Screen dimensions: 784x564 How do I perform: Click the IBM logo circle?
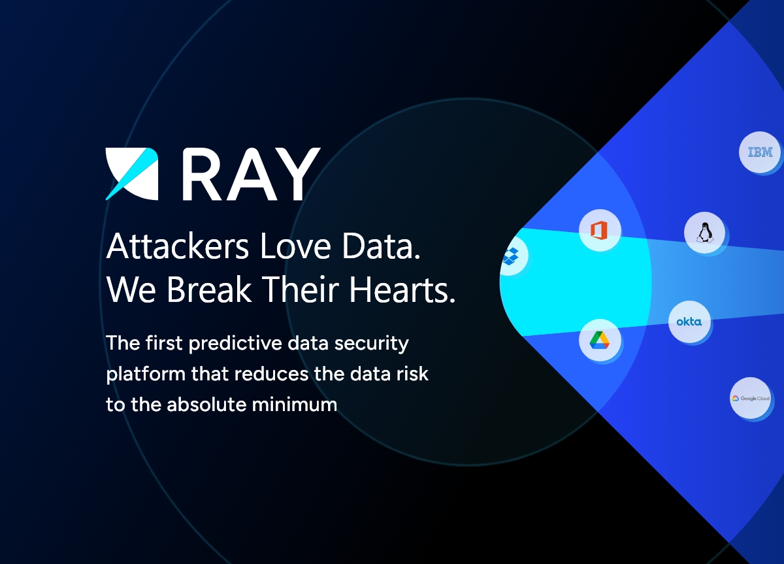pyautogui.click(x=760, y=152)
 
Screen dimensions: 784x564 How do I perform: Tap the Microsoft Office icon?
pyautogui.click(x=599, y=231)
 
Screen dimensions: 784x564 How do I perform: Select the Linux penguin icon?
pyautogui.click(x=705, y=233)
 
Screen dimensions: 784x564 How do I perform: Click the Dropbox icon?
pyautogui.click(x=511, y=256)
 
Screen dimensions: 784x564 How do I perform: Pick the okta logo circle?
pyautogui.click(x=689, y=322)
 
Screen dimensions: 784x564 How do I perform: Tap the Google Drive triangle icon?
pyautogui.click(x=600, y=340)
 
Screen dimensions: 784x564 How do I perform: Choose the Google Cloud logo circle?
pyautogui.click(x=751, y=398)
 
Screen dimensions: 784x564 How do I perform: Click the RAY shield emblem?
pyautogui.click(x=132, y=174)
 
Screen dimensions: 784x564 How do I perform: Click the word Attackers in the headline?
pyautogui.click(x=178, y=246)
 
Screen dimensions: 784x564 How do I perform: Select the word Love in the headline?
pyautogui.click(x=295, y=246)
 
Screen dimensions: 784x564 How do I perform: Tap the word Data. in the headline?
pyautogui.click(x=381, y=246)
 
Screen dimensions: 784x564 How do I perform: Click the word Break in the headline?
pyautogui.click(x=209, y=289)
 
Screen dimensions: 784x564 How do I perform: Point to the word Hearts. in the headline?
pyautogui.click(x=402, y=289)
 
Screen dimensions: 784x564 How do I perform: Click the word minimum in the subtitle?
pyautogui.click(x=295, y=405)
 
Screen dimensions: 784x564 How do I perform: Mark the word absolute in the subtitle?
pyautogui.click(x=207, y=405)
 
